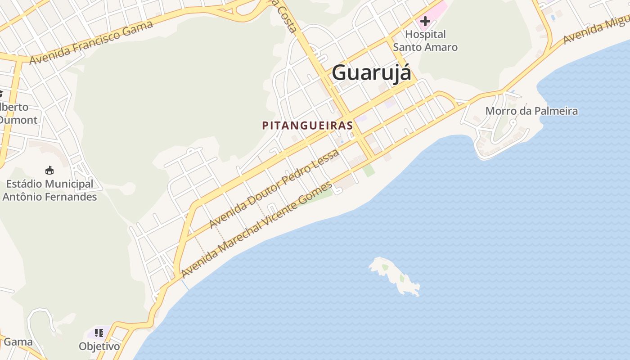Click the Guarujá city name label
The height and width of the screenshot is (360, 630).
[371, 73]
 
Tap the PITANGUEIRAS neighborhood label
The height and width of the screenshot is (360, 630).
[307, 126]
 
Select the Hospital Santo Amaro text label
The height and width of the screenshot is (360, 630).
[425, 40]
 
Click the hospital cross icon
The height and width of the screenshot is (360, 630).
[425, 21]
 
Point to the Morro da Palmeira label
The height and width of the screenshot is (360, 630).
[531, 111]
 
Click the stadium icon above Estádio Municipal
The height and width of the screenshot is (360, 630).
[49, 171]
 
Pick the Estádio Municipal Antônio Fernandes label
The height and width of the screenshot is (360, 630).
[49, 190]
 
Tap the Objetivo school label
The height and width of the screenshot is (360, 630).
[99, 346]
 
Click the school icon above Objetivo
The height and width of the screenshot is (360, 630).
[99, 333]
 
